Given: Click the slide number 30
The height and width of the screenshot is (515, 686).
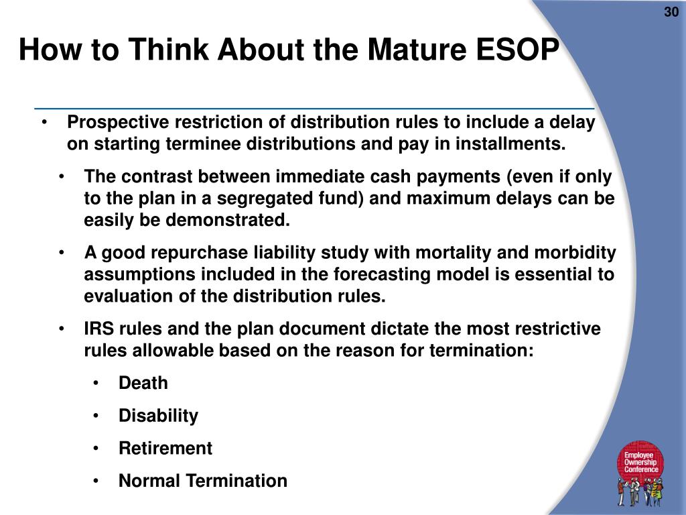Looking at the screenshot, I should tap(671, 13).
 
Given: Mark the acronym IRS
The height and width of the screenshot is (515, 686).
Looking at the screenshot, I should tap(100, 329).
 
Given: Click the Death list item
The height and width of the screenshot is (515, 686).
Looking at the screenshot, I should tap(143, 384).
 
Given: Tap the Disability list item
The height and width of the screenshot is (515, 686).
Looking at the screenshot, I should tap(158, 416).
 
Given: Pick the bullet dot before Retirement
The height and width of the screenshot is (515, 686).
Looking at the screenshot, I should tap(97, 449).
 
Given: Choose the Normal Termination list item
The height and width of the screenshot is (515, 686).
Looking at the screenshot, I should tap(202, 481).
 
